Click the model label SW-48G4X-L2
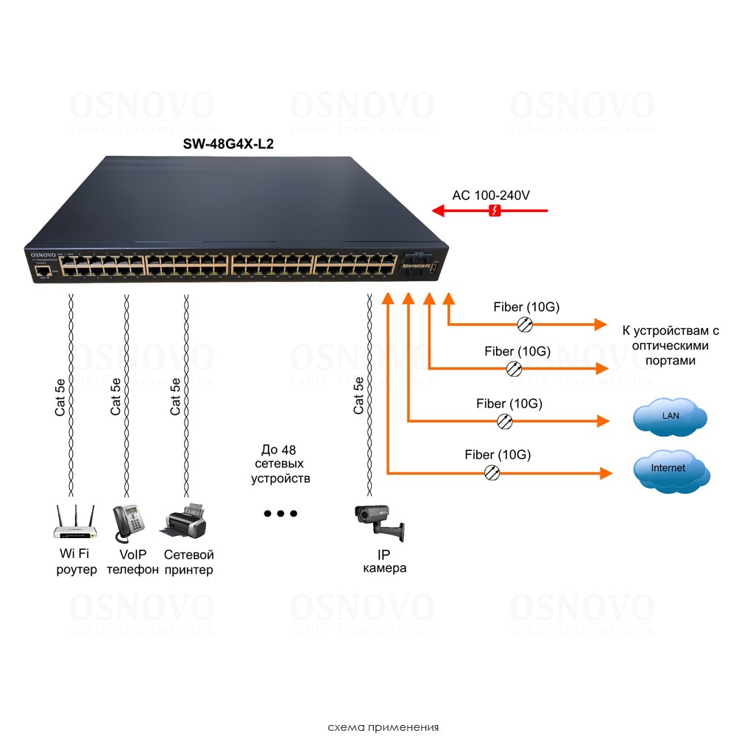click(x=228, y=144)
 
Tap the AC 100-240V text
click(x=491, y=195)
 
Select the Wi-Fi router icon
click(x=75, y=522)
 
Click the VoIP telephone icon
click(x=127, y=523)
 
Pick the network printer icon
click(x=183, y=522)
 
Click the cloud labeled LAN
click(x=670, y=417)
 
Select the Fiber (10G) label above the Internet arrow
click(x=498, y=454)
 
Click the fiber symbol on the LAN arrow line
click(x=505, y=421)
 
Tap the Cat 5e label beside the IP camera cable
click(x=359, y=395)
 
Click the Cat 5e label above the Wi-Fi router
click(x=61, y=397)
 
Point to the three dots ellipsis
click(x=280, y=514)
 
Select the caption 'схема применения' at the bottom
click(x=383, y=727)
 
